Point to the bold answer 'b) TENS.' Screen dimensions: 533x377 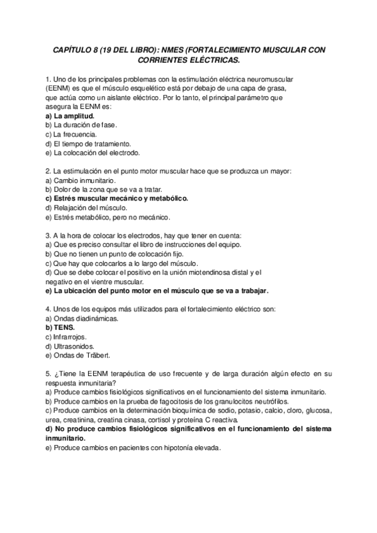60,327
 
